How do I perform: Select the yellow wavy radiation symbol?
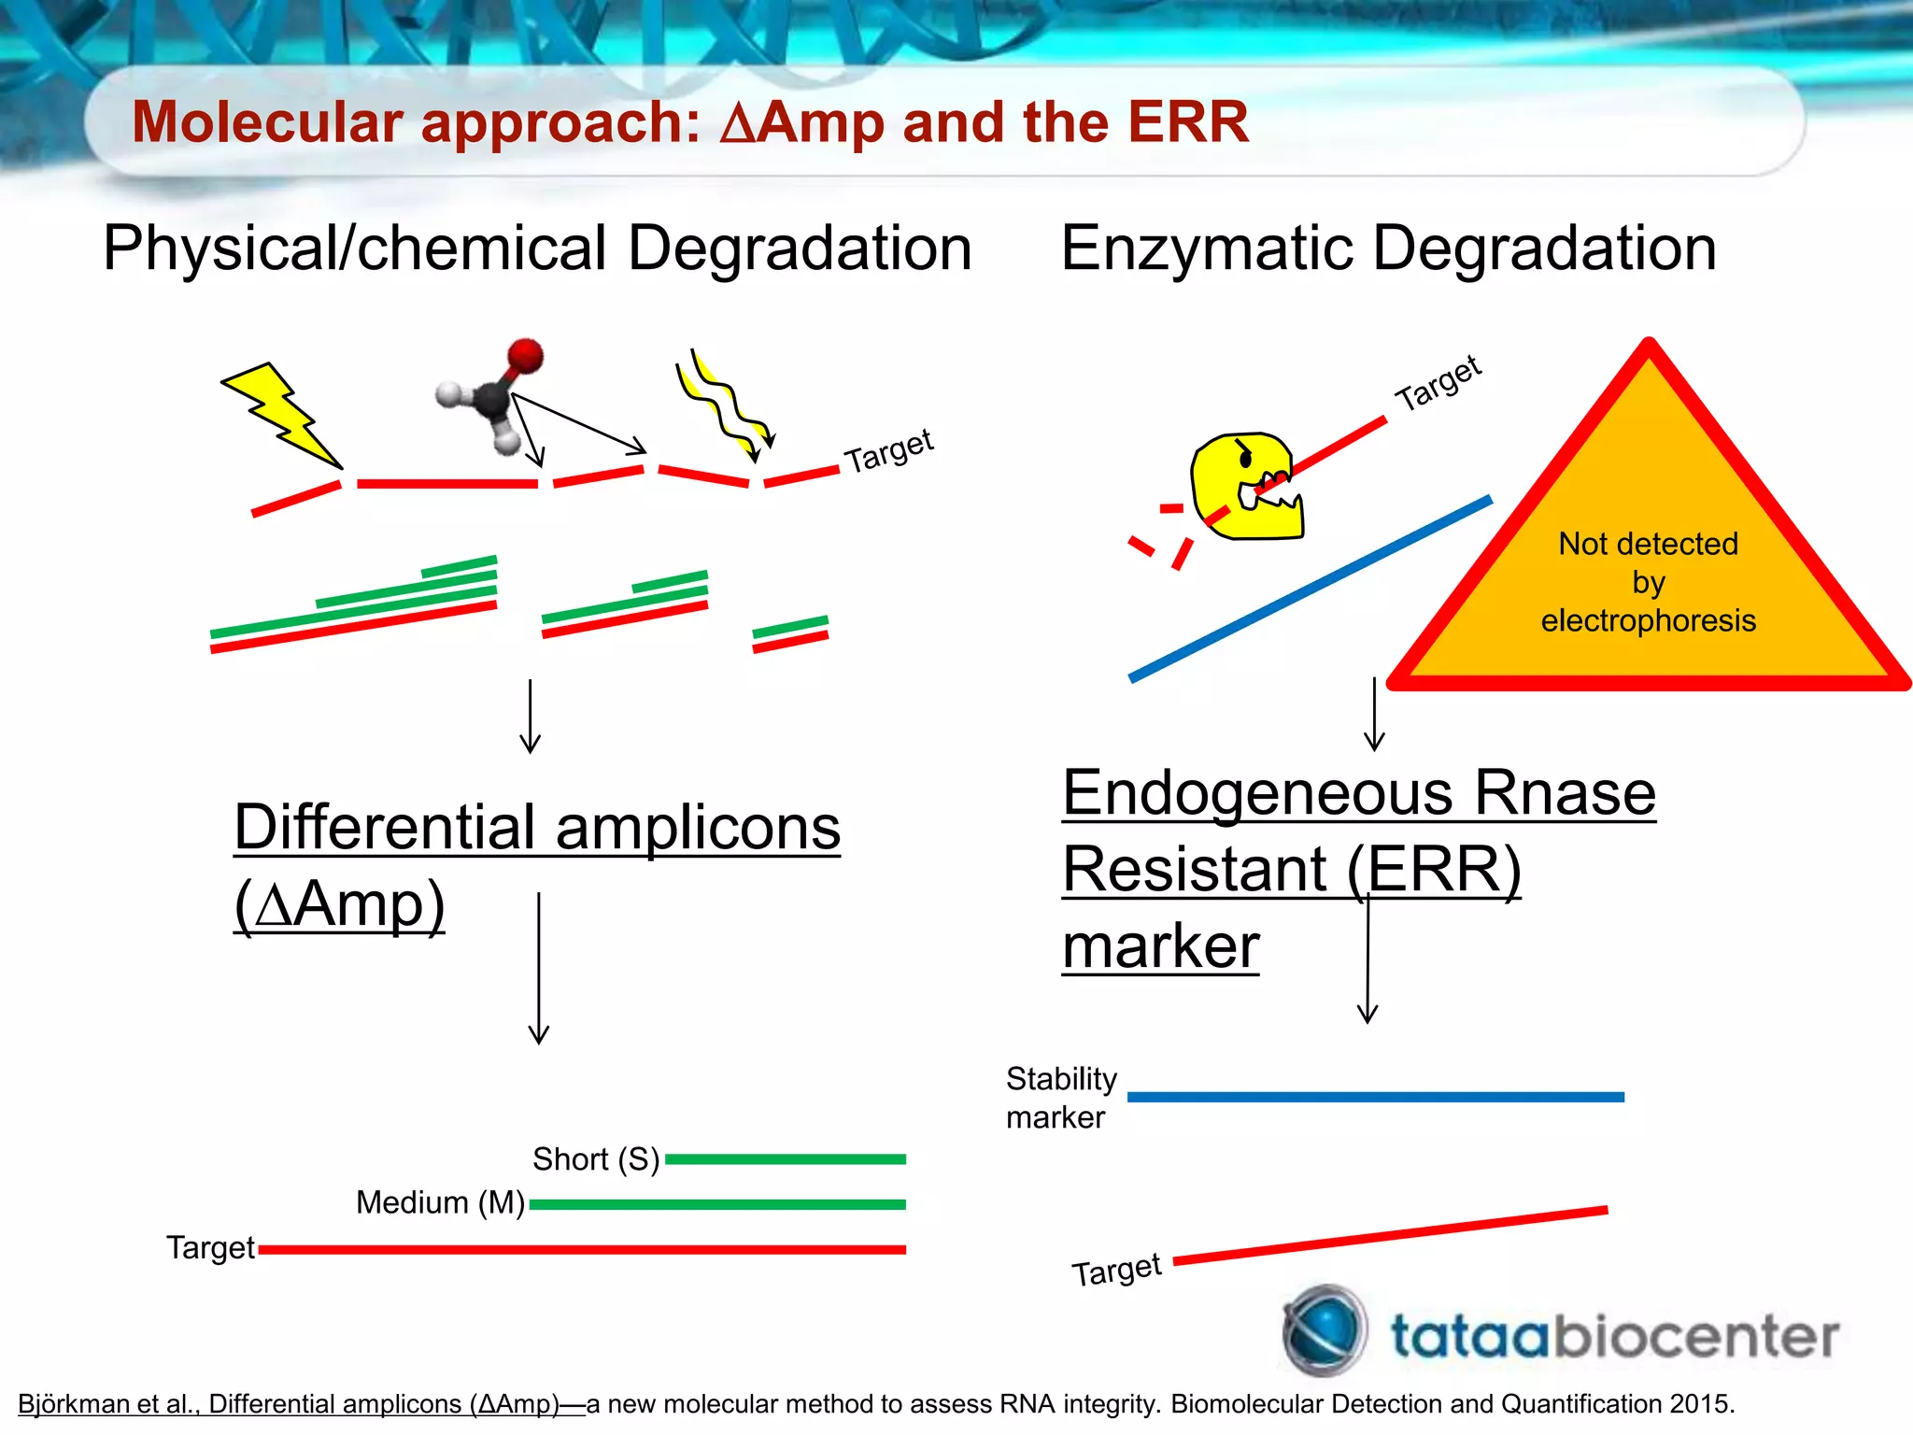tap(724, 406)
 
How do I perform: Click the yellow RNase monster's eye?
tap(1245, 457)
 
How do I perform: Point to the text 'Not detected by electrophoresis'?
tap(1648, 582)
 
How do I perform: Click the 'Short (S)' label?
tap(596, 1159)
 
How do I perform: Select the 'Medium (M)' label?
tap(440, 1202)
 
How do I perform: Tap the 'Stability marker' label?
tap(1060, 1098)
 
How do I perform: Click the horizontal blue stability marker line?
tap(1375, 1097)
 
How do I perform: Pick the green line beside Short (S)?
tap(785, 1159)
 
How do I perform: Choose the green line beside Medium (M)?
tap(717, 1204)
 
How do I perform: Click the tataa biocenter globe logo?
tap(1324, 1330)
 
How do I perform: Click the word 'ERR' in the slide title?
tap(1187, 122)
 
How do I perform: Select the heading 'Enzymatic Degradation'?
tap(1388, 249)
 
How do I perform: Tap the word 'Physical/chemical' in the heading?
tap(355, 249)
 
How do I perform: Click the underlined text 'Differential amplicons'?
tap(537, 828)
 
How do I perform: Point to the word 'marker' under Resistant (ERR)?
tap(1161, 946)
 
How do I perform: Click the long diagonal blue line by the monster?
tap(1308, 590)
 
